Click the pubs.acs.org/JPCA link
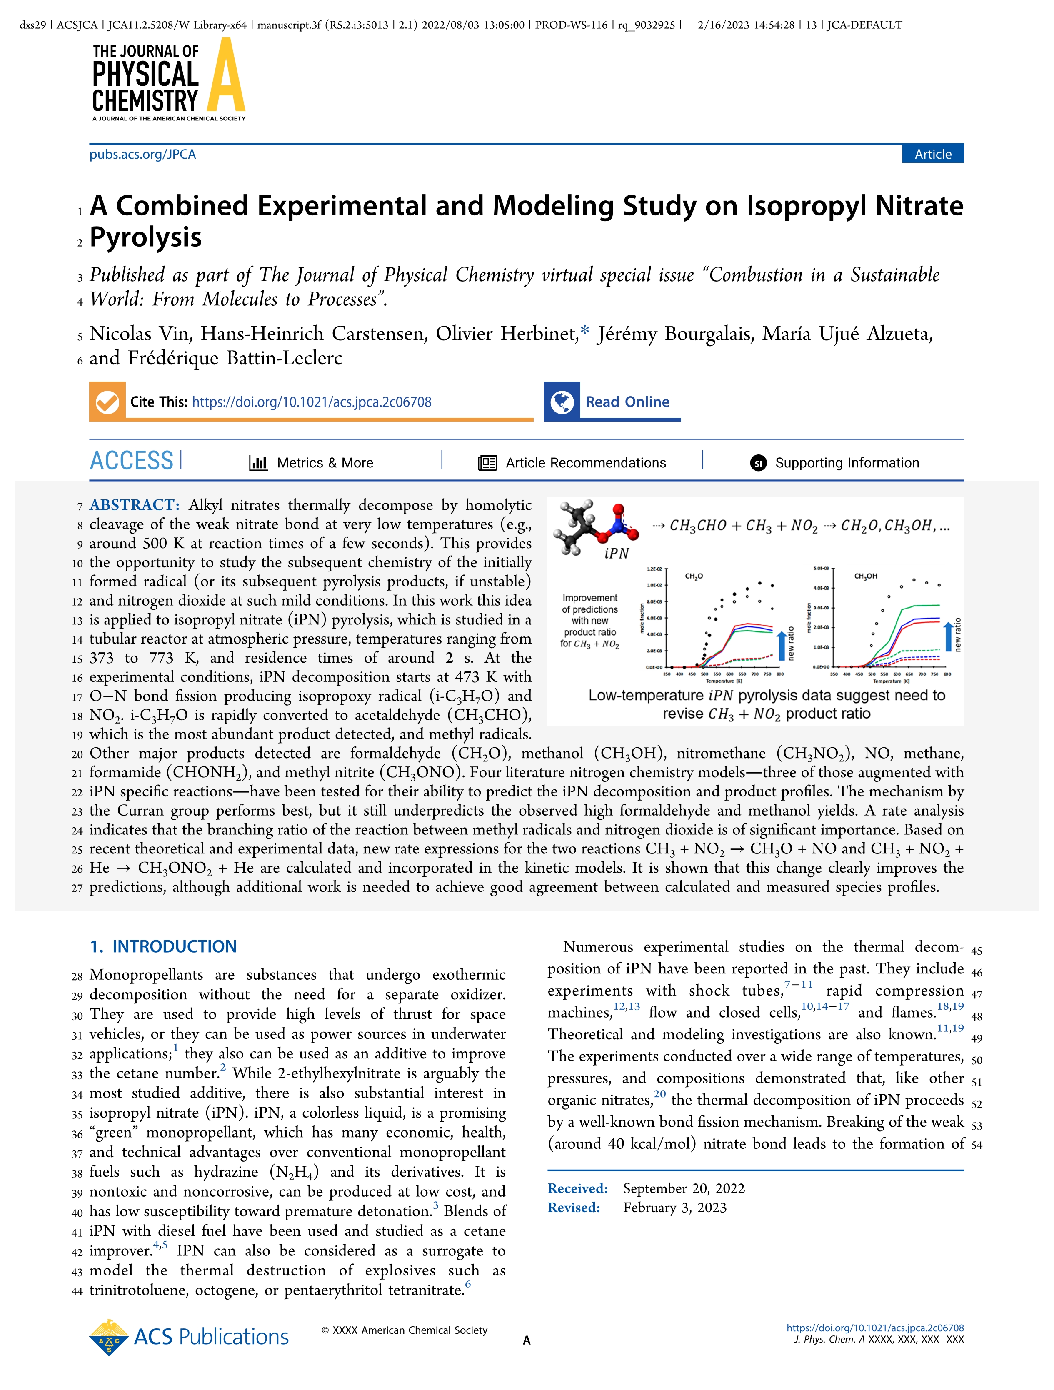coord(142,155)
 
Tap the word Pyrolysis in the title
coord(146,237)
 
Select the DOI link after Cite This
coord(312,402)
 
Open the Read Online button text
coord(627,402)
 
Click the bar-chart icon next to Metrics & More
coord(258,463)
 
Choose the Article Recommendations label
coord(585,463)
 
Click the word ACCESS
coord(131,461)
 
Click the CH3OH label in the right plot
coord(865,576)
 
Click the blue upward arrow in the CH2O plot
coord(781,645)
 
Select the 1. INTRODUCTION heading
coord(163,946)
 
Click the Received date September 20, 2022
coord(684,1188)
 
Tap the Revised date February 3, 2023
coord(675,1208)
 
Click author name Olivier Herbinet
coord(506,334)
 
